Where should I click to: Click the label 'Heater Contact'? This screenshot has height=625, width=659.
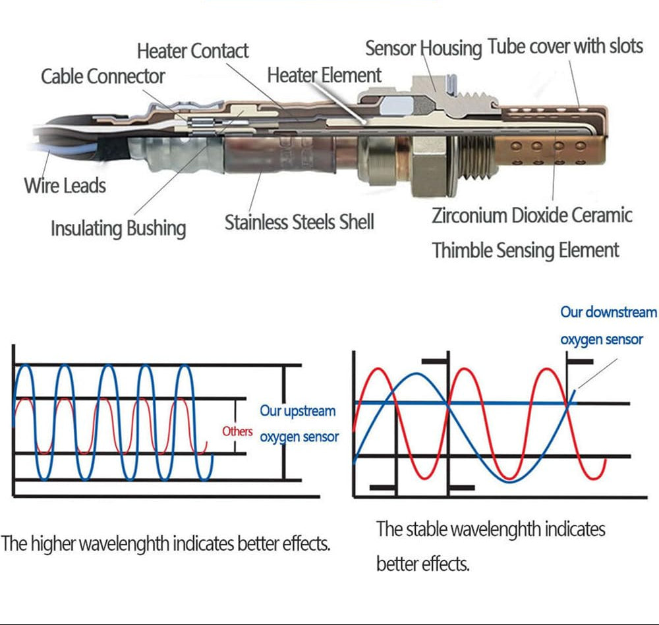pos(192,51)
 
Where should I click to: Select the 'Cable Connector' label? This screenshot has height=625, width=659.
pos(103,76)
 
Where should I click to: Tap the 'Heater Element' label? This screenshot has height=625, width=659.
pos(324,75)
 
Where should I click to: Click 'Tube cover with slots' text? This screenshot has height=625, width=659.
pos(565,47)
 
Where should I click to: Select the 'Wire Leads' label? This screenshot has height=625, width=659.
pos(65,185)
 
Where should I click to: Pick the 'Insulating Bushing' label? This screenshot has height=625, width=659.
pos(118,229)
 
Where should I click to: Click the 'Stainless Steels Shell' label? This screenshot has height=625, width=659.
pos(299,221)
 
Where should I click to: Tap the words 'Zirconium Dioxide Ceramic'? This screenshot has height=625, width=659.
pos(532,215)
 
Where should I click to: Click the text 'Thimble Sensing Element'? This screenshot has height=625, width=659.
pos(525,250)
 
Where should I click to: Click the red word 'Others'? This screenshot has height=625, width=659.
pos(237,431)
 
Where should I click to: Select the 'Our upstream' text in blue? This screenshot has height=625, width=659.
pos(297,411)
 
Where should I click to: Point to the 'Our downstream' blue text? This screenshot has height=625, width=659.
pos(608,312)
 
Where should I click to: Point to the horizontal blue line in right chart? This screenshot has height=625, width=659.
pos(461,402)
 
